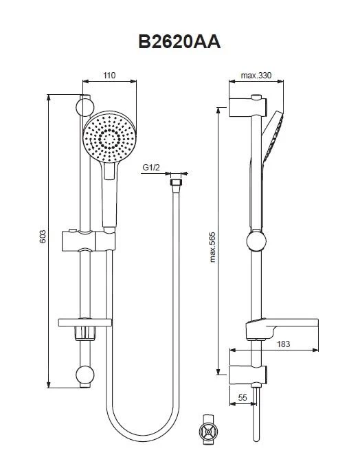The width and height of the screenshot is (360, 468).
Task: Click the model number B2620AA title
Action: (x=179, y=42)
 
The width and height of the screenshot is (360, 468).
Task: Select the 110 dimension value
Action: (x=109, y=76)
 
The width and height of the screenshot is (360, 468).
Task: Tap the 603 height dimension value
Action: (x=43, y=236)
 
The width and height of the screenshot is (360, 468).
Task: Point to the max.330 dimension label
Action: (x=256, y=76)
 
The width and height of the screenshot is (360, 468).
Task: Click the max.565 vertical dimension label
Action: (x=212, y=247)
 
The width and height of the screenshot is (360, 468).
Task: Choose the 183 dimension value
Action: (x=283, y=344)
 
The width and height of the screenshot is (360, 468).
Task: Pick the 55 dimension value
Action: (x=243, y=398)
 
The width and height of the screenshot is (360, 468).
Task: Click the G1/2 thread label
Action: (x=151, y=167)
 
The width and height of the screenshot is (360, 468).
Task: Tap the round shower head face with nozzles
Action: (x=109, y=137)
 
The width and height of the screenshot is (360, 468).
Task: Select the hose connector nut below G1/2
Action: (x=176, y=183)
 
